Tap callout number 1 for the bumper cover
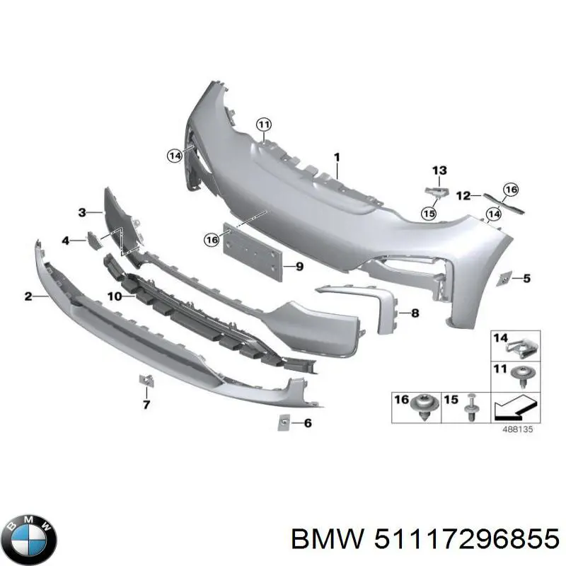337,157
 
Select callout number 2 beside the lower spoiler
28,296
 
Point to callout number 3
82,212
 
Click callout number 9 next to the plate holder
299,267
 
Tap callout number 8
415,312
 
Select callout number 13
439,170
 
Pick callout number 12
463,195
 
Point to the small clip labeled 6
282,422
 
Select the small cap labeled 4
93,239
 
